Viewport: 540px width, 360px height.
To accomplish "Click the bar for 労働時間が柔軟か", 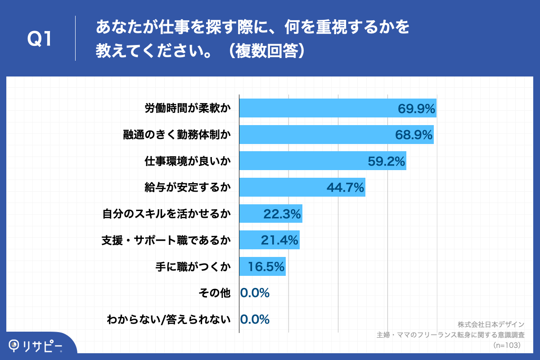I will pyautogui.click(x=315, y=108).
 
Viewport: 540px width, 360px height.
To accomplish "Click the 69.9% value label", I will pyautogui.click(x=416, y=108).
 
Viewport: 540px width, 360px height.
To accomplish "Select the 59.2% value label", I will pyautogui.click(x=387, y=161).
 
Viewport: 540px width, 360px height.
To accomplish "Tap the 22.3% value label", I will pyautogui.click(x=282, y=214).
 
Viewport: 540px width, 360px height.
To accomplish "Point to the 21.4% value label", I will pyautogui.click(x=279, y=240).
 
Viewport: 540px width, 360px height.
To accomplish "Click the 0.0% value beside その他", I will pyautogui.click(x=255, y=293).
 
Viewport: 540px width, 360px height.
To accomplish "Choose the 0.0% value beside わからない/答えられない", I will pyautogui.click(x=255, y=319).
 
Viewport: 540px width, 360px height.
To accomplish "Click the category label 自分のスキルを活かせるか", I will pyautogui.click(x=166, y=214).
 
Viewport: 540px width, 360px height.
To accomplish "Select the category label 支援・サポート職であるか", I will pyautogui.click(x=166, y=240).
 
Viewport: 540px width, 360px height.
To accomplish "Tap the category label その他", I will pyautogui.click(x=215, y=293).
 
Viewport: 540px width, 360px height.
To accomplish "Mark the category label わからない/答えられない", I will pyautogui.click(x=169, y=319).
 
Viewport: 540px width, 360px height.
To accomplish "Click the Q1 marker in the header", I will pyautogui.click(x=40, y=40).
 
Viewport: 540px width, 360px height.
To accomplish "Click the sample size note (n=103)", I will pyautogui.click(x=507, y=345).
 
